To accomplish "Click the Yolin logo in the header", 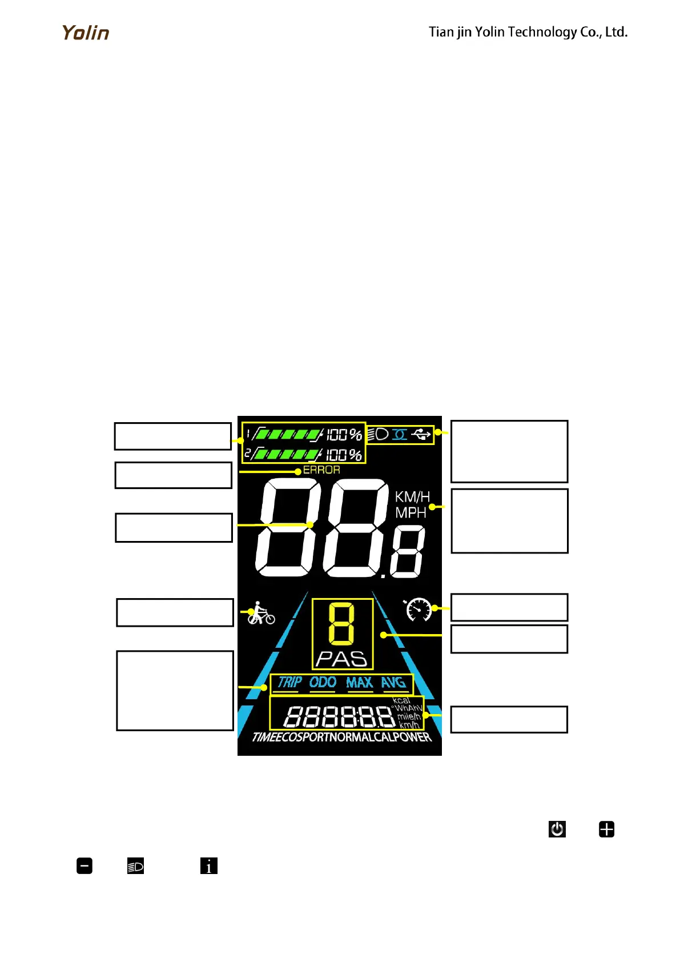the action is [x=86, y=33].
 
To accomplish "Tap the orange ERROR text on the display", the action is [x=321, y=470].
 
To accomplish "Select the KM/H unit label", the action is [x=412, y=497].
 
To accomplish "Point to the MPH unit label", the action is [x=411, y=513].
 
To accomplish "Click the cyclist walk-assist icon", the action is [x=261, y=613].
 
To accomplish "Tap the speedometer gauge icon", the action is [x=419, y=609].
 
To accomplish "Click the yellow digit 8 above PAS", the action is [x=341, y=624].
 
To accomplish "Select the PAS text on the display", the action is [x=341, y=659].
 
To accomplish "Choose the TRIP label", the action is [x=289, y=682].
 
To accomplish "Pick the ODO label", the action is [x=323, y=682].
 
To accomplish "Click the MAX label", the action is [x=359, y=682].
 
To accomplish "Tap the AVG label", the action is [x=393, y=682].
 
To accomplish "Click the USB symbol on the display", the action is [x=421, y=435].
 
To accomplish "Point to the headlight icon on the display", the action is [x=378, y=434].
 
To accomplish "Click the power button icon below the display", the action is [x=557, y=829].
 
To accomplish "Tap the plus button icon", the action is [x=606, y=829].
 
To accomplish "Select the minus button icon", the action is [x=85, y=866].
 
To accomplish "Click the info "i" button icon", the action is [x=209, y=866].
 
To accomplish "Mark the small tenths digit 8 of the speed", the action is [x=408, y=552].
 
